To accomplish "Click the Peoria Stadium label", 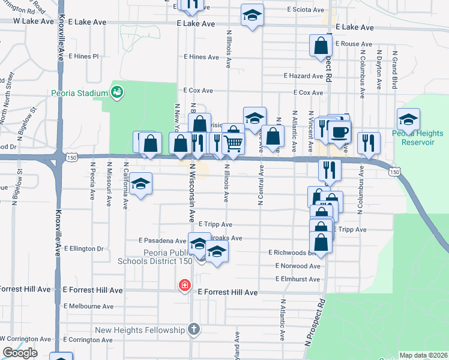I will [x=79, y=93].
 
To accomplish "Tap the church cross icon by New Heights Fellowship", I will [x=193, y=329].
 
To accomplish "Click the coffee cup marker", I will [x=339, y=132].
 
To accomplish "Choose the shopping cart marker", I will [x=233, y=143].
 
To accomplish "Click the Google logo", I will [x=20, y=353].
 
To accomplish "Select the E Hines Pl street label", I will [x=83, y=56].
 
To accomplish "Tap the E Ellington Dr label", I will [x=83, y=248].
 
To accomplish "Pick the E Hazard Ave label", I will [x=304, y=76].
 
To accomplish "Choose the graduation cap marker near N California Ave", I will [x=141, y=184].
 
